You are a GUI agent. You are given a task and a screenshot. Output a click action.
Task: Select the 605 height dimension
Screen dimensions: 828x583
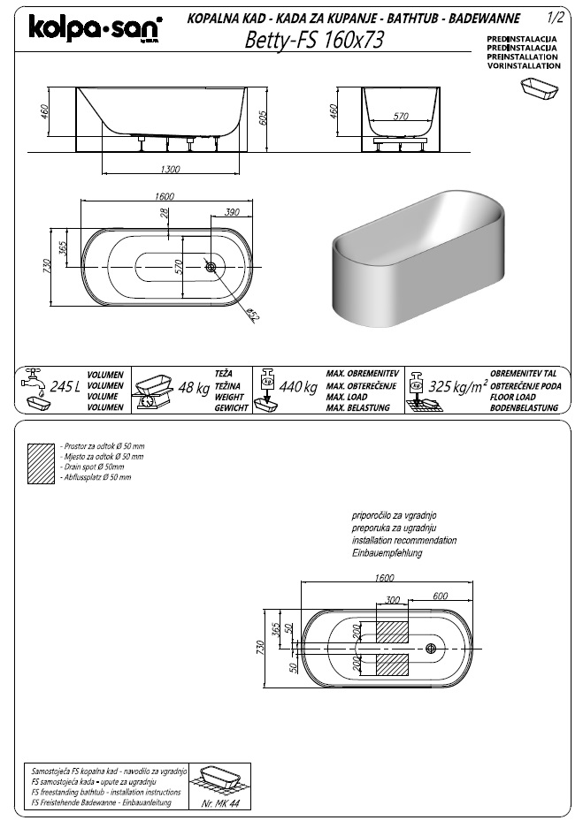(264, 118)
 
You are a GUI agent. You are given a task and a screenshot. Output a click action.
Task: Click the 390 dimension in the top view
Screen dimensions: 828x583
(233, 213)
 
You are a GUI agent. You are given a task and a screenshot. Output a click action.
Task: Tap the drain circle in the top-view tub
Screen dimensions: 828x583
(211, 266)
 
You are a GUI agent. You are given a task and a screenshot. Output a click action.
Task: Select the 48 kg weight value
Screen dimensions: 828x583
(194, 387)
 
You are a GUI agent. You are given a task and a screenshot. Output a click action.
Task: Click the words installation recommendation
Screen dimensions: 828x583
(403, 540)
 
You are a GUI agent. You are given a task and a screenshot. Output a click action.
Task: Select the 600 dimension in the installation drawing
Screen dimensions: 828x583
(439, 595)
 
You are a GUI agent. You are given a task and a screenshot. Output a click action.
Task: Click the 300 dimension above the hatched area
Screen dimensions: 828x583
(392, 599)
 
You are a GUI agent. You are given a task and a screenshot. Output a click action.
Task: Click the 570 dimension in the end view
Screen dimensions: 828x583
(401, 116)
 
